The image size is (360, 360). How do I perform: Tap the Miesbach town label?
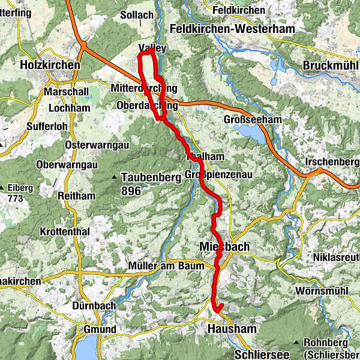[223, 247]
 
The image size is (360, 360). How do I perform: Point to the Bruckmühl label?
[330, 65]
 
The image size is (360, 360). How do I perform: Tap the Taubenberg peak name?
[151, 178]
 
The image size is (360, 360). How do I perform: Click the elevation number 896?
[130, 191]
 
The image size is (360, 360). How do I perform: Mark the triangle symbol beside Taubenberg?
[114, 178]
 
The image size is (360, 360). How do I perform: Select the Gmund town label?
[98, 330]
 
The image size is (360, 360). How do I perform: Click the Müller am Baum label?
[159, 265]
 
